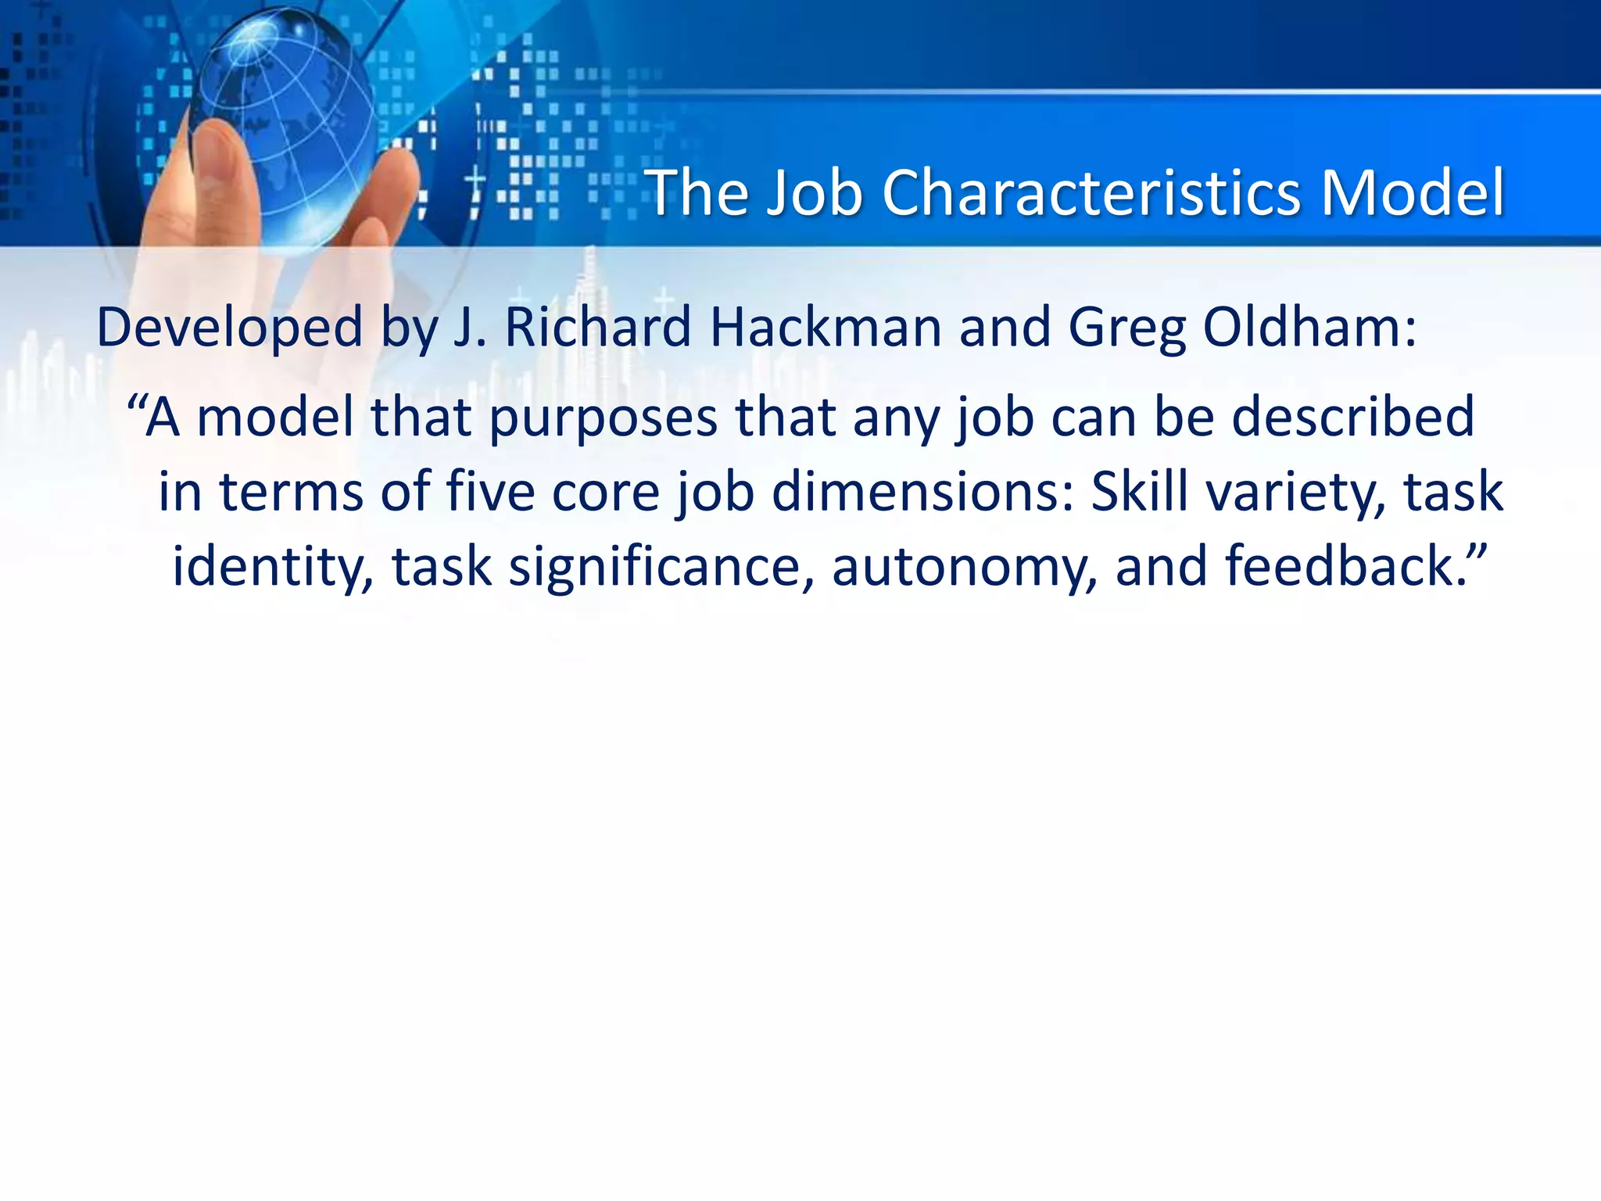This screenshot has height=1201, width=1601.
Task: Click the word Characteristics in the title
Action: (x=1092, y=193)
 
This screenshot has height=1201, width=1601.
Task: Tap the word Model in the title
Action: (x=1413, y=193)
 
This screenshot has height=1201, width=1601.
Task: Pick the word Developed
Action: (x=229, y=328)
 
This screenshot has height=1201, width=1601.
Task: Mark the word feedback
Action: (x=1339, y=566)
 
